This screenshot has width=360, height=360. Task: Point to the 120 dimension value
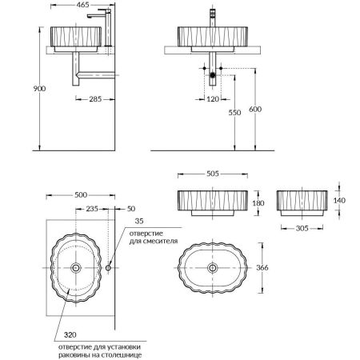(x=211, y=99)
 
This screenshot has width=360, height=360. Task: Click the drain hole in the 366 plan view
(x=213, y=267)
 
